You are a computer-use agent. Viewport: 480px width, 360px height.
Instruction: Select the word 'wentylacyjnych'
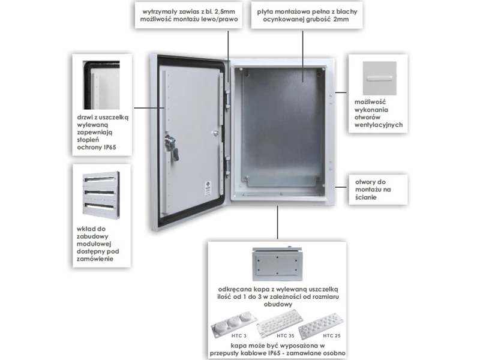pos(379,126)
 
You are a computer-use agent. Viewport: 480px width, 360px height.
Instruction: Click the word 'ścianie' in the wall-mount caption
pos(365,197)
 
